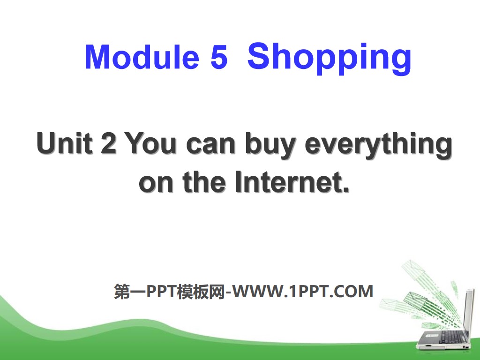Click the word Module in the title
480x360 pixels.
140,58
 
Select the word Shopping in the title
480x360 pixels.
329,58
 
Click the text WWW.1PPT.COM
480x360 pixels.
304,292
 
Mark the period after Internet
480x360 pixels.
347,190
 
